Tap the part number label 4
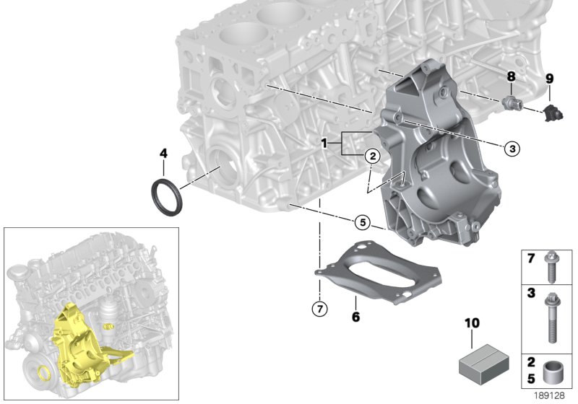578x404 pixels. pos(163,153)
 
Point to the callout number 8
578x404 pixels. pos(511,76)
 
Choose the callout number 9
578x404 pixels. pos(548,78)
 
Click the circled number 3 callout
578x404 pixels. pos(512,149)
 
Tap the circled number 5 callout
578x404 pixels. pos(363,222)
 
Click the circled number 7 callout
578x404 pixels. pos(319,309)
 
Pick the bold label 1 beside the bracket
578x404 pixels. pos(326,144)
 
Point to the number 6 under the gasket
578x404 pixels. pos(355,317)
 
